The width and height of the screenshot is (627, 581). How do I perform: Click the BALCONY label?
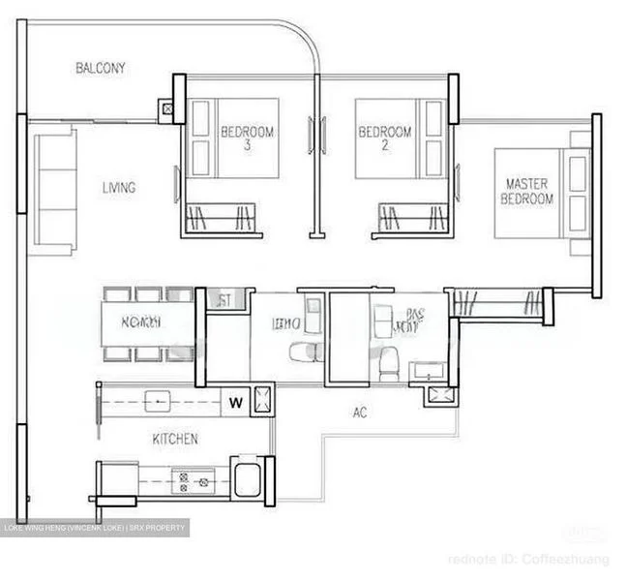(100, 68)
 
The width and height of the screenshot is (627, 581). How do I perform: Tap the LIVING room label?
(119, 188)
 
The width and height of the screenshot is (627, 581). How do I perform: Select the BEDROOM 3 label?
(247, 138)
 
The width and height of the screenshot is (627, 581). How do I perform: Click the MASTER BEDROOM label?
(526, 191)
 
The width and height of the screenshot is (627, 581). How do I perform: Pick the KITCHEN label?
(175, 439)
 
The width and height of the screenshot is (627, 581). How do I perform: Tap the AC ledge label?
(360, 413)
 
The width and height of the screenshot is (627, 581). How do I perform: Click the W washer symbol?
(235, 400)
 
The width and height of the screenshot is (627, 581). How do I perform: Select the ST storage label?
(224, 301)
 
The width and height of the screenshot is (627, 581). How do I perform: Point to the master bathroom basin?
(426, 371)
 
